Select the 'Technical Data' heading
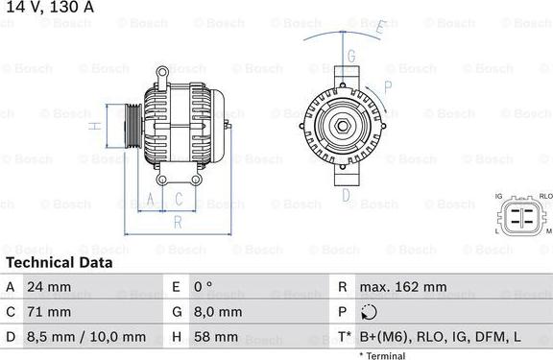point(59,262)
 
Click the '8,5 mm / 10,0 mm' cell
point(87,337)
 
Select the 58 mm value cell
point(214,337)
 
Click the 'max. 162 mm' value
point(404,287)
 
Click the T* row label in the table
point(344,337)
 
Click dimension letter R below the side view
point(177,222)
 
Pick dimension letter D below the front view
point(345,195)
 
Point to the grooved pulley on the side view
point(128,126)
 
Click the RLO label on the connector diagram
point(544,196)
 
